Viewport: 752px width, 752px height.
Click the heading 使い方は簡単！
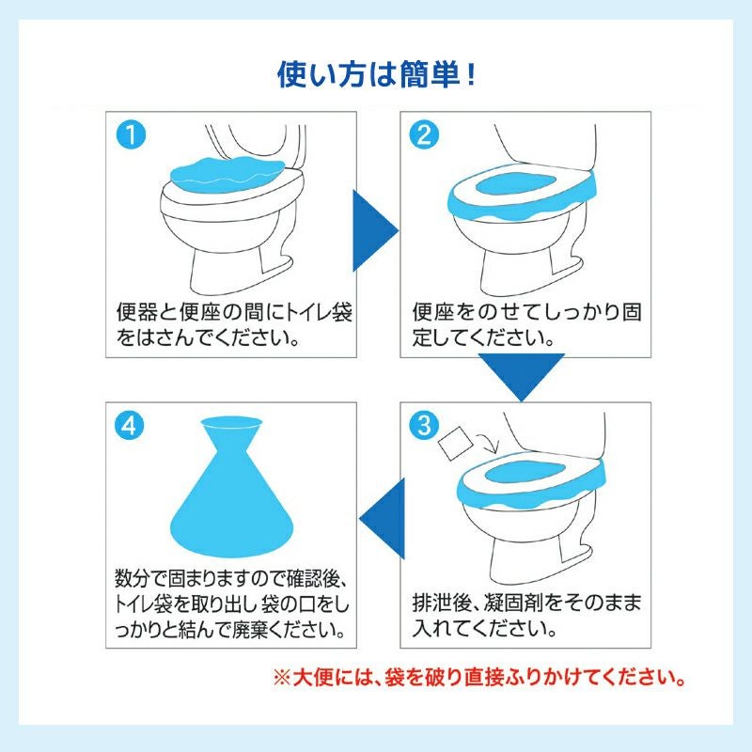point(376,74)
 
